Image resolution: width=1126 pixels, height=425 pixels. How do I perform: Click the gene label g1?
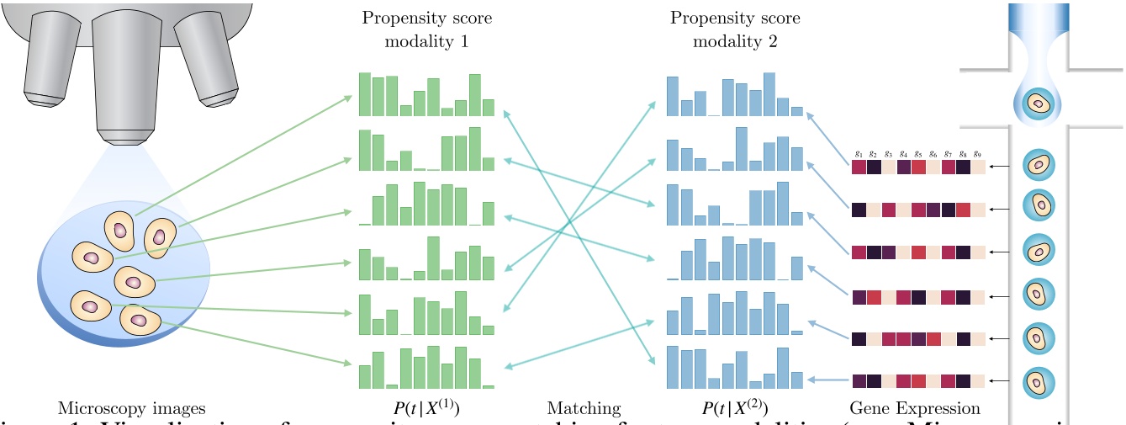[859, 154]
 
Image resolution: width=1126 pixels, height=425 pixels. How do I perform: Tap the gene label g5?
[918, 154]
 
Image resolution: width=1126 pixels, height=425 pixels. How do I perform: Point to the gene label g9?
[978, 154]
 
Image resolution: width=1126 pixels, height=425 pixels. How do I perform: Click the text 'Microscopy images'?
[131, 408]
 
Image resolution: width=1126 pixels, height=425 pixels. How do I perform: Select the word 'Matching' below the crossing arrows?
[584, 408]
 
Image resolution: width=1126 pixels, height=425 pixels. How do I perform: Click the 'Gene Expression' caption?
[915, 408]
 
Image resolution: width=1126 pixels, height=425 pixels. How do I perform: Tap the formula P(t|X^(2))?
[735, 409]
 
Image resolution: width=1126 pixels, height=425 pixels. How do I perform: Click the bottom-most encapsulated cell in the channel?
[1039, 381]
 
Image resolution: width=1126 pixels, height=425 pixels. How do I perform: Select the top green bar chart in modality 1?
[426, 95]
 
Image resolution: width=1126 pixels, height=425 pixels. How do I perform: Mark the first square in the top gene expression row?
[859, 167]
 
